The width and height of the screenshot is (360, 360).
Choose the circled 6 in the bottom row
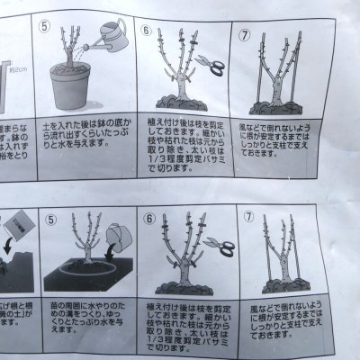click(x=149, y=218)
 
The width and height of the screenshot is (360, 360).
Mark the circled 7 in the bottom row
click(x=249, y=217)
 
